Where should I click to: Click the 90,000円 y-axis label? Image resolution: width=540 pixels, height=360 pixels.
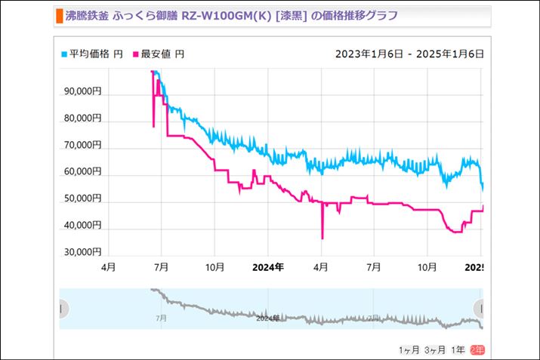(x=82, y=91)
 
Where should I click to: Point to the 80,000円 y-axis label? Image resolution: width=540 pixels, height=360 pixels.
(x=82, y=118)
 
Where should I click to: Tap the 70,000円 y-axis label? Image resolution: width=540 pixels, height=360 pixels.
(x=82, y=144)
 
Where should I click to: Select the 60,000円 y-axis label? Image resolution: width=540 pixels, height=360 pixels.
(x=82, y=171)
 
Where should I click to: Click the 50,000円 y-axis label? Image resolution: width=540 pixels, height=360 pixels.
(x=82, y=198)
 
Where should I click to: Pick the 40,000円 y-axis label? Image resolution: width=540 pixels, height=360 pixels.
(x=82, y=224)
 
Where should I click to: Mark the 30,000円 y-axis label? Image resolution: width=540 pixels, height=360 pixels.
(x=82, y=251)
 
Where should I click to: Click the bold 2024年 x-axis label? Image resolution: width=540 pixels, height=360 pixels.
(x=267, y=266)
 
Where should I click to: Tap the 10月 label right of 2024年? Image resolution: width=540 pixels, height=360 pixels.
(x=428, y=266)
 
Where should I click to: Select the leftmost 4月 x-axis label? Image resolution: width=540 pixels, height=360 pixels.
(x=109, y=266)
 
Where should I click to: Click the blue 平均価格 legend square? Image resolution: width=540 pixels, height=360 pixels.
(x=64, y=54)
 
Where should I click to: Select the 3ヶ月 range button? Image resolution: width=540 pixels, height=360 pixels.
(x=434, y=349)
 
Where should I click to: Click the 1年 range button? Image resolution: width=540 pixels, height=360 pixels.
(x=458, y=349)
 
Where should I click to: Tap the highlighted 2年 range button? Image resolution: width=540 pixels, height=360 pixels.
(x=477, y=349)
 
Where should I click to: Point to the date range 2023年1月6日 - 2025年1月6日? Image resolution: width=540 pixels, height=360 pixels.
(x=409, y=54)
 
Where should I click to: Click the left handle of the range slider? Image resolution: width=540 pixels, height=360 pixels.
(x=63, y=308)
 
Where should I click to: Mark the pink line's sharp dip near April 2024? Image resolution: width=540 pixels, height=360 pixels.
(x=322, y=237)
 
